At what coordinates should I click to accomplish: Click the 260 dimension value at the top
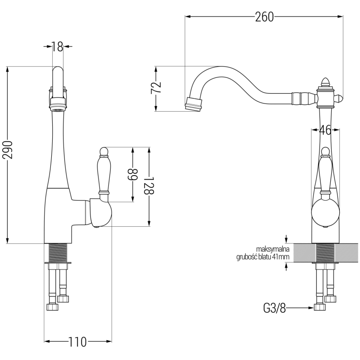(x=264, y=17)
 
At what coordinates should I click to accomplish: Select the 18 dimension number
(x=57, y=46)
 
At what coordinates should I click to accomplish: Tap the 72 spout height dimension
(x=156, y=88)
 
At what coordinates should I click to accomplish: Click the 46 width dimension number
(x=325, y=130)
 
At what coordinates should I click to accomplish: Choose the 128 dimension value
(x=149, y=185)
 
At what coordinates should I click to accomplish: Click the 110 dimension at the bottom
(x=77, y=342)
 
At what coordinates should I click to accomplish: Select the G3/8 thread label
(x=274, y=308)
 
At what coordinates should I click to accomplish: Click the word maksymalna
(x=273, y=249)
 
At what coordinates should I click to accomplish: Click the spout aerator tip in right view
(x=193, y=104)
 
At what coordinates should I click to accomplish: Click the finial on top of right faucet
(x=326, y=82)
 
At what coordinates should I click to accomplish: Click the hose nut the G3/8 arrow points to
(x=320, y=308)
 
